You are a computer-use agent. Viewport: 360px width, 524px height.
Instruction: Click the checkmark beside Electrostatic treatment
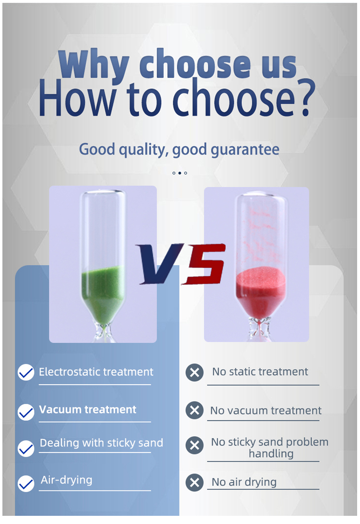click(x=26, y=372)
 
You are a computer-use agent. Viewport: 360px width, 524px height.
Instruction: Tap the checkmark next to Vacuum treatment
click(x=26, y=412)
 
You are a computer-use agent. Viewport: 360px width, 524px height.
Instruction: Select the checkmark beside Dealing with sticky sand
click(x=26, y=449)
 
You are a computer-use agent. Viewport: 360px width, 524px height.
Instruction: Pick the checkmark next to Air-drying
click(x=26, y=484)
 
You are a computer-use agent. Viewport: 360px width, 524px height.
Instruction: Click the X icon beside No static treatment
click(x=195, y=372)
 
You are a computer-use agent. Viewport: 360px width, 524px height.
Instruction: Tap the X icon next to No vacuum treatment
click(x=195, y=410)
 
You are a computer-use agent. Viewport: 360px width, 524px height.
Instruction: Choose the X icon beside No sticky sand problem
click(x=195, y=445)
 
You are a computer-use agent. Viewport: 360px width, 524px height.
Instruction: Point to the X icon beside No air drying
click(x=195, y=483)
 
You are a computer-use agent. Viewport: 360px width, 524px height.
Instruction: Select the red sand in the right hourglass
click(x=261, y=292)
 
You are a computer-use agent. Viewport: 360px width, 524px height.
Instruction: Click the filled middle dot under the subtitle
click(x=180, y=173)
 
